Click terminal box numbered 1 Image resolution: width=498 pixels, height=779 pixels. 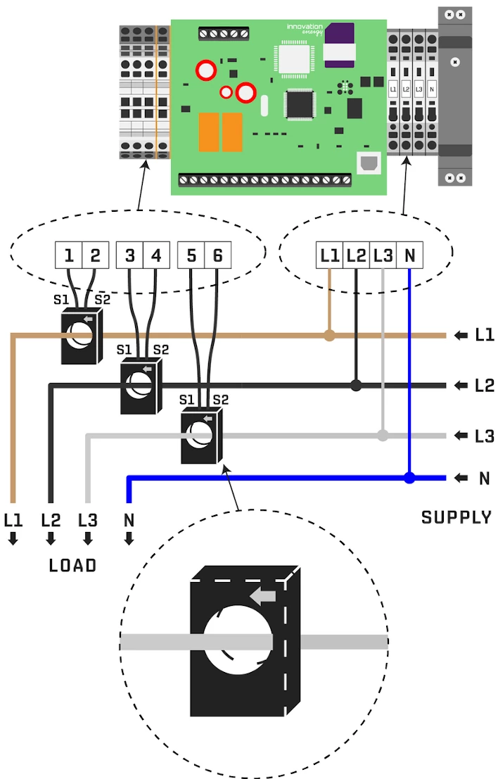point(69,255)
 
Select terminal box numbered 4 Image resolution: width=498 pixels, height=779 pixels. point(156,255)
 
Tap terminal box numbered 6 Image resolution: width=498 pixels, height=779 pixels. point(218,255)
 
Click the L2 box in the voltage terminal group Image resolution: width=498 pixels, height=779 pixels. point(357,255)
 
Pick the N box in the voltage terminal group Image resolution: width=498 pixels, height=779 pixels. point(409,255)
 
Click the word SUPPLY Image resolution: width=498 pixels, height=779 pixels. point(456,517)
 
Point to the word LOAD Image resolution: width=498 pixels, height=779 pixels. point(72,565)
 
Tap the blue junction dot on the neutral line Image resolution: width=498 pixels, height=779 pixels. point(409,479)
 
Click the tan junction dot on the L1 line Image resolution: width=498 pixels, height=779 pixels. point(329,336)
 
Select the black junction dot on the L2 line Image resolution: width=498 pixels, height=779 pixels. point(357,385)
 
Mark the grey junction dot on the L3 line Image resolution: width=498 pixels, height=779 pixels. point(383,435)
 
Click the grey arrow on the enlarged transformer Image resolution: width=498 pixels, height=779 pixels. point(264,597)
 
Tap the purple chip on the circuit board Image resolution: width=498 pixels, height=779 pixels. point(340,35)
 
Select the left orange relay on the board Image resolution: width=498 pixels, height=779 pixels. point(209,132)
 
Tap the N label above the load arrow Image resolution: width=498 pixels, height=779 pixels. point(129,521)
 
